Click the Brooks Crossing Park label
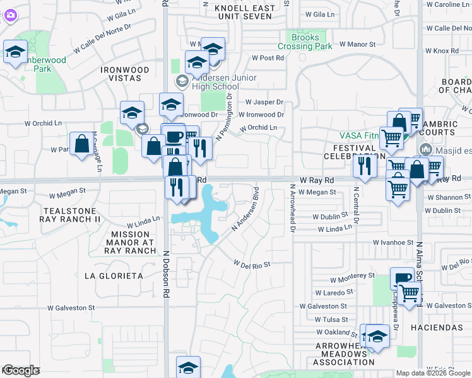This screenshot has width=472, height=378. (x=305, y=42)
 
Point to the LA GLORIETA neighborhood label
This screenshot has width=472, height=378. (x=114, y=276)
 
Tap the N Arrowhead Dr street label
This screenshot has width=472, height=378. (x=293, y=208)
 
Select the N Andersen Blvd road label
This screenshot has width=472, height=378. (x=246, y=209)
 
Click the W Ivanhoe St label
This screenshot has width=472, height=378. (x=392, y=242)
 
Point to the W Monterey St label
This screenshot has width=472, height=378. (x=352, y=276)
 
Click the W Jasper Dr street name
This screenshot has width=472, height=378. (x=264, y=102)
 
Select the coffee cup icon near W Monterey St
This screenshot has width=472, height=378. (x=402, y=278)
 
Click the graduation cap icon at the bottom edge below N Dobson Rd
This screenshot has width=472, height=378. (x=188, y=367)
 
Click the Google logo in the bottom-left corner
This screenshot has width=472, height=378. (x=21, y=370)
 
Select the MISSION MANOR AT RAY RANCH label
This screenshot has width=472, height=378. (x=132, y=241)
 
